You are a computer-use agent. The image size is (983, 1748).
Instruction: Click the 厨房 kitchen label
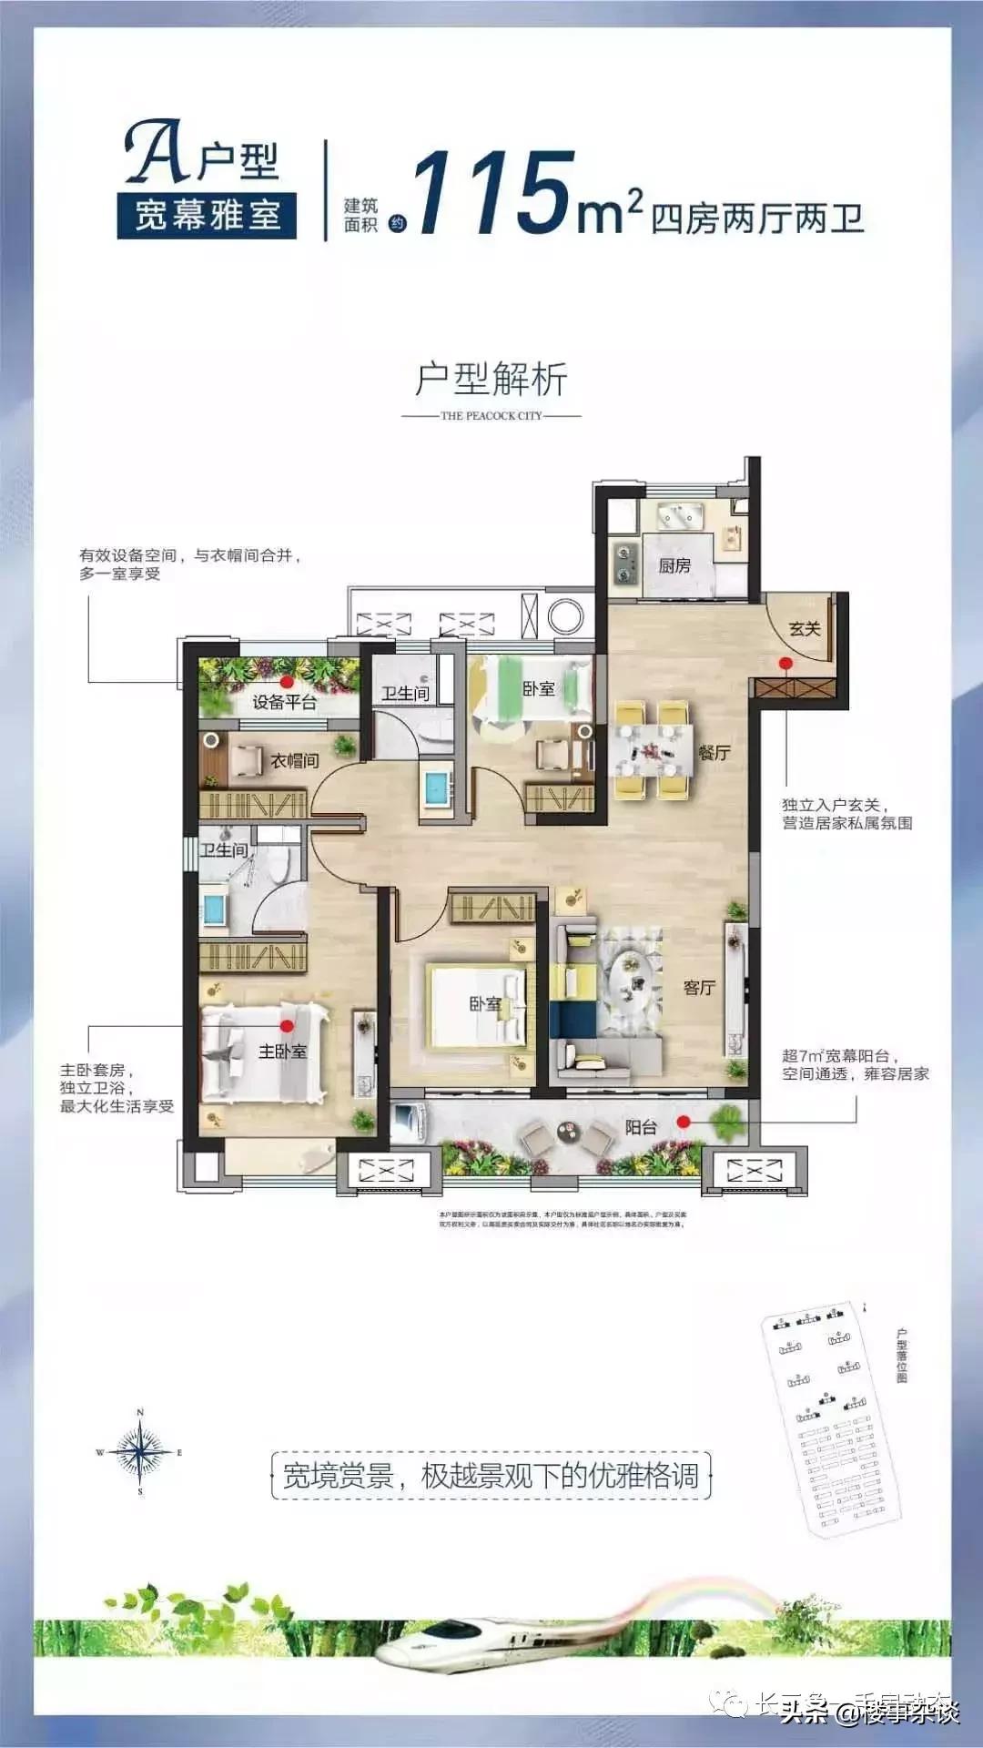(x=674, y=565)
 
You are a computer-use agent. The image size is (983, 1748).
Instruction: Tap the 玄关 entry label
(x=805, y=628)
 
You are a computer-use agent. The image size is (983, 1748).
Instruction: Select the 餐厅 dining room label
(x=714, y=752)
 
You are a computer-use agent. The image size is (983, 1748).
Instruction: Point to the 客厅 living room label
(x=699, y=987)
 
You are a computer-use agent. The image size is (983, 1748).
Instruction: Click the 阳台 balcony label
(x=641, y=1126)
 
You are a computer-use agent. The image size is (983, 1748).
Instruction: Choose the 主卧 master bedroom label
(x=282, y=1052)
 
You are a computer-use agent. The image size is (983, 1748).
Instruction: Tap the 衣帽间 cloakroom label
(x=294, y=760)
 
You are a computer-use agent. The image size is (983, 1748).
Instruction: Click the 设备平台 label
(x=284, y=702)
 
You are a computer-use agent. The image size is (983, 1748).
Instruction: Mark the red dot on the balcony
(x=684, y=1122)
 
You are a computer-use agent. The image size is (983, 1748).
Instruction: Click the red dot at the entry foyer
(x=785, y=663)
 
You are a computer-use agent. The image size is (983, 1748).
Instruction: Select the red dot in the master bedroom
(x=288, y=1026)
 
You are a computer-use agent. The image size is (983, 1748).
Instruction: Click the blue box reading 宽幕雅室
(x=207, y=216)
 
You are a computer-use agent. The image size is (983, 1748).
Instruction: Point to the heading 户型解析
(x=491, y=379)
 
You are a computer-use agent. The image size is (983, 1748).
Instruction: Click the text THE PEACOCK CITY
(x=491, y=415)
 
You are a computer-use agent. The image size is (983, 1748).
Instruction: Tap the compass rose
(x=140, y=1452)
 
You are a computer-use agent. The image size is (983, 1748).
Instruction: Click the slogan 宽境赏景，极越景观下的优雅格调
(x=491, y=1476)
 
